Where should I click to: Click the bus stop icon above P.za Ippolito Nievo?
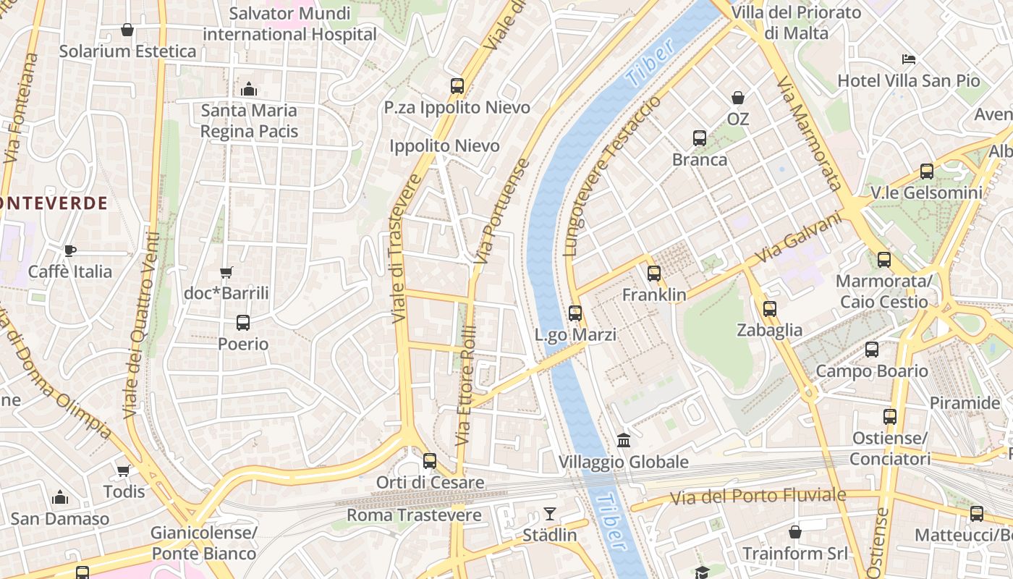pos(457,86)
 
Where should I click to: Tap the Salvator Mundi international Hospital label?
pos(289,23)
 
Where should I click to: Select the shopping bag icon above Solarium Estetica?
pos(127,30)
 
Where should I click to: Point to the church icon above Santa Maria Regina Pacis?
pos(249,89)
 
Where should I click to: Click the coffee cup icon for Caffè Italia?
pos(69,250)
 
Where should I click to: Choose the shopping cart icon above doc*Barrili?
pos(226,273)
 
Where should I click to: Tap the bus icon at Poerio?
pos(243,323)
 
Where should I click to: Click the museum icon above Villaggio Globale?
pos(624,440)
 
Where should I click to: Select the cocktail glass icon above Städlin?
pos(550,514)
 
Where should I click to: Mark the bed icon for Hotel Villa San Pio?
pos(909,59)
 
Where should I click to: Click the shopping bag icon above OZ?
pos(738,97)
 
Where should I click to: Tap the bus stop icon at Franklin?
pos(654,274)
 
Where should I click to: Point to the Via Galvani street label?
pos(799,237)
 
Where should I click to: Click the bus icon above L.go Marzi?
pos(575,313)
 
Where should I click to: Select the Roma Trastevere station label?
pos(414,515)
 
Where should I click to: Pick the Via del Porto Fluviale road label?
pos(758,496)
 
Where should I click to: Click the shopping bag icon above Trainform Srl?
pos(795,532)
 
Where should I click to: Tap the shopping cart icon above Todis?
pos(124,470)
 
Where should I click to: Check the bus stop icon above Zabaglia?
pos(770,309)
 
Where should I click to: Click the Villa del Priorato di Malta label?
pos(796,22)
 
